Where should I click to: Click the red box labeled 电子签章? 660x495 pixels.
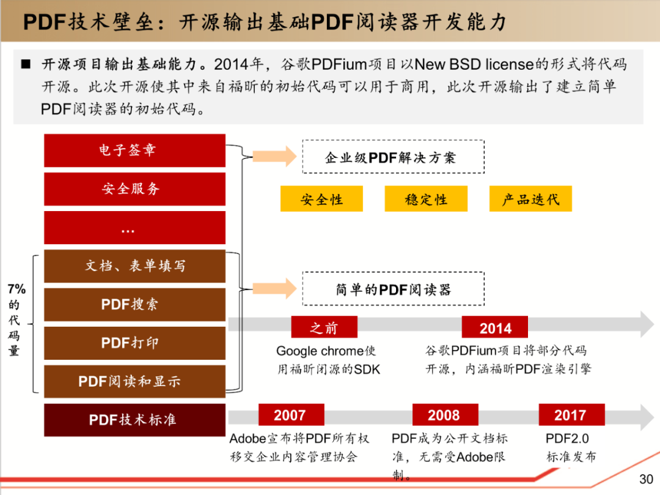134,151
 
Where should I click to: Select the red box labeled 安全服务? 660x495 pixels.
134,189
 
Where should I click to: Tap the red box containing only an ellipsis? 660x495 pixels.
134,228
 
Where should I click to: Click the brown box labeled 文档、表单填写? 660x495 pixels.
134,266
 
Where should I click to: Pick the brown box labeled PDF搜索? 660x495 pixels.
134,305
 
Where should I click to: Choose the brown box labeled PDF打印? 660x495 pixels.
134,343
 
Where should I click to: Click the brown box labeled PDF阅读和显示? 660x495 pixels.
134,382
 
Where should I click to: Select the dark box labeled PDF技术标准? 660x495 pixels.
134,420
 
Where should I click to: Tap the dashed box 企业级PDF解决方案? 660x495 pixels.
393,157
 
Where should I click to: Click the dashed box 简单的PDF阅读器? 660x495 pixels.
393,289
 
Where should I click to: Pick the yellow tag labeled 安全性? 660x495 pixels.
321,198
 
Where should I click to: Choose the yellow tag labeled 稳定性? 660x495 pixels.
426,198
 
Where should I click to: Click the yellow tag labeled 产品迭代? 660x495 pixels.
531,198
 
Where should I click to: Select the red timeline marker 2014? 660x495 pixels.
495,327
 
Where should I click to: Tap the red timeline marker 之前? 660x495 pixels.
324,327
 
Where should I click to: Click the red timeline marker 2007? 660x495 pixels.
291,415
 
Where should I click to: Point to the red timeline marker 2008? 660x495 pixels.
446,415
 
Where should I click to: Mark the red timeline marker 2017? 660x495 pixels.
571,415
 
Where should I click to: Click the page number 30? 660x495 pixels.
646,479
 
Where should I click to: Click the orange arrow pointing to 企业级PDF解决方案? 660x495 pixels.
275,157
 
